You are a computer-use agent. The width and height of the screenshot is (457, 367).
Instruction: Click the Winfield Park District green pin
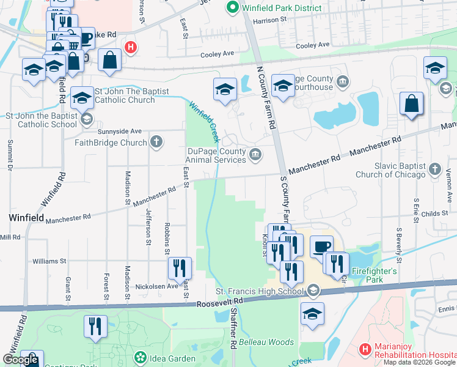232,8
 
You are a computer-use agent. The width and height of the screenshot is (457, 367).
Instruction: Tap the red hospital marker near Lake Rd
130,46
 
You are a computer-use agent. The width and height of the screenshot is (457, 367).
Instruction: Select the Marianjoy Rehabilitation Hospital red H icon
365,350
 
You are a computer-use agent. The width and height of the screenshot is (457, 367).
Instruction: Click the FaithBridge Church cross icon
156,143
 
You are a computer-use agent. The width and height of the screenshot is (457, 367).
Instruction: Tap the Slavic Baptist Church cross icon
434,168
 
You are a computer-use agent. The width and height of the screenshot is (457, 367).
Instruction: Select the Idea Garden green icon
140,357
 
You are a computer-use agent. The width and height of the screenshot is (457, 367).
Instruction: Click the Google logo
20,360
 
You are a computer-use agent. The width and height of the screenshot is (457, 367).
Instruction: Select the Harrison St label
274,20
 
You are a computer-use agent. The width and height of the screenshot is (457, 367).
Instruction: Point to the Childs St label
434,213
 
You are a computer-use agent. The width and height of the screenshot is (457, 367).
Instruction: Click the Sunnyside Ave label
120,131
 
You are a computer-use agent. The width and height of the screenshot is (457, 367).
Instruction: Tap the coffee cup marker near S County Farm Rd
321,247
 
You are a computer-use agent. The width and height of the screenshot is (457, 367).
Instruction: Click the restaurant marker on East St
180,267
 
